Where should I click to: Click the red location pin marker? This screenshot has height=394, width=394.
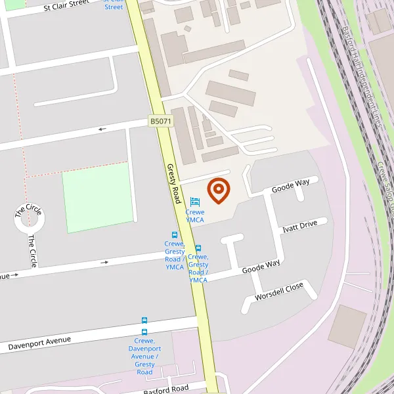coord(219,190)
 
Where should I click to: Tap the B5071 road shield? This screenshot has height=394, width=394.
coord(160,121)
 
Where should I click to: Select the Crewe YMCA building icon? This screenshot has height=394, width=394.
coord(194,202)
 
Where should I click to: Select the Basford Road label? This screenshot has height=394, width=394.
coord(165,389)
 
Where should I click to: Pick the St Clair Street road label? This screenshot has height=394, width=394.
coord(66,7)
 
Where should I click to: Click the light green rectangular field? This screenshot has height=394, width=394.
coord(97,197)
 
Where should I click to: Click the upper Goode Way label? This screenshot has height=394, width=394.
coord(290,186)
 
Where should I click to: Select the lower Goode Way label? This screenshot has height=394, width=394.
coord(261,267)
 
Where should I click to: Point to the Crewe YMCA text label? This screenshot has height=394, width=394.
coord(194,216)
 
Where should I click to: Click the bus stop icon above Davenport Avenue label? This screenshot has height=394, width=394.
coord(144,320)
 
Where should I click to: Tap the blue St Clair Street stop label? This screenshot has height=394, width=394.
coord(113,4)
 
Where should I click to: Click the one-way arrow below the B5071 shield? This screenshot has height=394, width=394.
coord(102,129)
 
